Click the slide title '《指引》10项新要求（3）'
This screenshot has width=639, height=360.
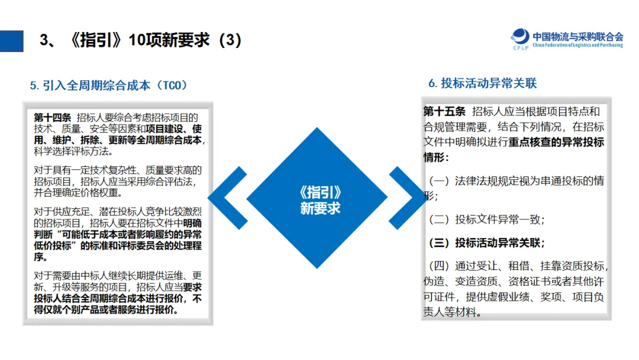[x=141, y=40]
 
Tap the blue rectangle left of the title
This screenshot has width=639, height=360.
[x=11, y=41]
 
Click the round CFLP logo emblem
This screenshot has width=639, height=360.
[x=521, y=38]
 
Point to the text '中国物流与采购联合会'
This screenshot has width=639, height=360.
[x=577, y=36]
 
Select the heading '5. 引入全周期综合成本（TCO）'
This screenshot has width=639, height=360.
[x=109, y=85]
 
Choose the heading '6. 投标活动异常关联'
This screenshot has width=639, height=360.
[x=482, y=83]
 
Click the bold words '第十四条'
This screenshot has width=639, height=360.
[x=52, y=118]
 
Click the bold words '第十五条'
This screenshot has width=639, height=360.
[x=444, y=112]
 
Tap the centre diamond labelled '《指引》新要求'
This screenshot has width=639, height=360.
[x=319, y=198]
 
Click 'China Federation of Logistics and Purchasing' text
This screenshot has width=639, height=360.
[x=577, y=46]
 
